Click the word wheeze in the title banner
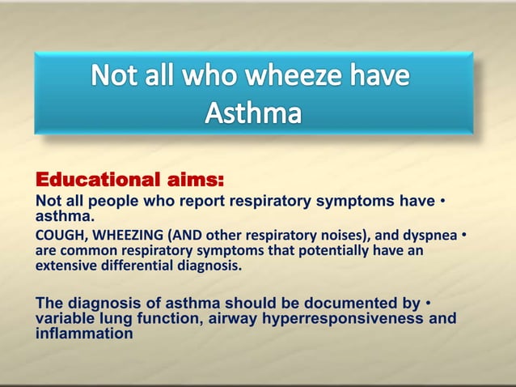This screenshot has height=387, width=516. [298, 77]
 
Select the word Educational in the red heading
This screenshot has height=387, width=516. [91, 178]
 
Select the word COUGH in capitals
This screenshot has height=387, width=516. [57, 236]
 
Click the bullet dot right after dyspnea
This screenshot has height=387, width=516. [464, 236]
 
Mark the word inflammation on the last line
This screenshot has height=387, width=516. [84, 333]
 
